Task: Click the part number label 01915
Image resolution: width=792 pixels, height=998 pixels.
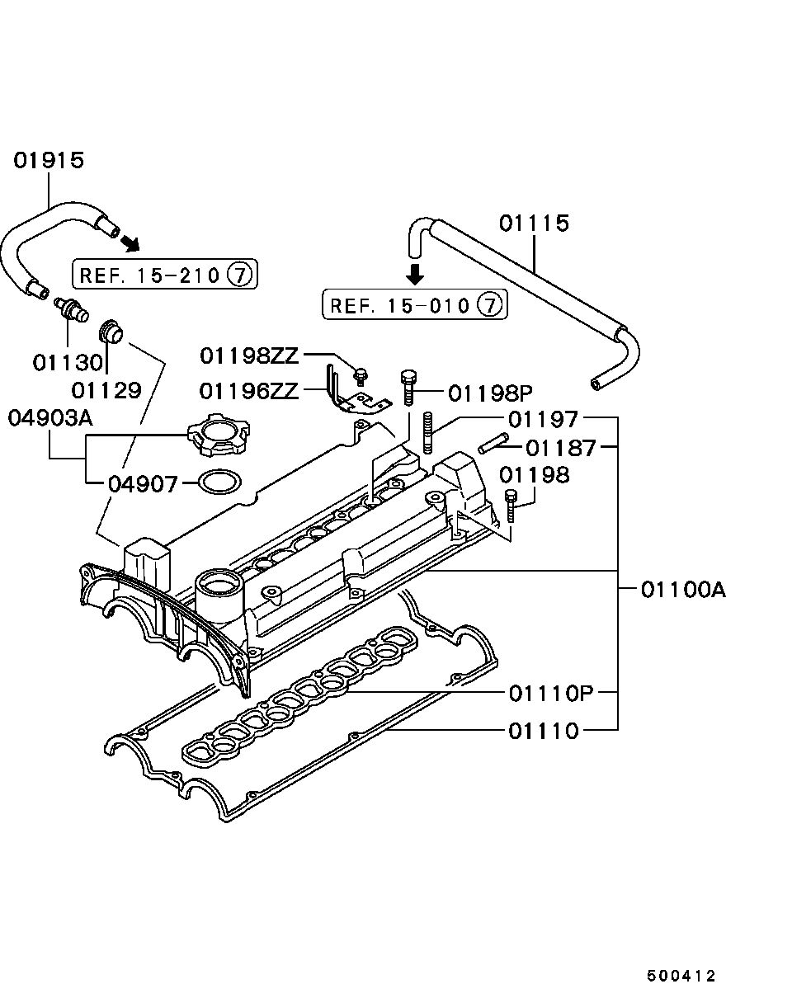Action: (x=49, y=160)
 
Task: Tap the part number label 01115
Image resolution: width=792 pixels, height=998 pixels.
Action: (x=534, y=224)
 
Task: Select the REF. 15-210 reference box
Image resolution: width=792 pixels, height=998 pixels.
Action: (x=165, y=274)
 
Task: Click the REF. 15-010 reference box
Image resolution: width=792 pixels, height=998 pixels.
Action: (x=414, y=305)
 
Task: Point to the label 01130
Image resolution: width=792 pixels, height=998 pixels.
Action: (x=68, y=362)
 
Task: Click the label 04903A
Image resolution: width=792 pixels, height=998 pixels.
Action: (x=50, y=418)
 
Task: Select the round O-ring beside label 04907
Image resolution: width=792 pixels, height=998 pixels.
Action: (x=215, y=483)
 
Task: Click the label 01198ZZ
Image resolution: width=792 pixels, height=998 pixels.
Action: (x=249, y=355)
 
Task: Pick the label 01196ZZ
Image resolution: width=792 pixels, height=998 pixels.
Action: (x=249, y=390)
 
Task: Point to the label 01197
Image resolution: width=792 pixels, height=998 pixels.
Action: (x=543, y=419)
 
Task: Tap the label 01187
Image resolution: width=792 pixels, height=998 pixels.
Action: (x=560, y=448)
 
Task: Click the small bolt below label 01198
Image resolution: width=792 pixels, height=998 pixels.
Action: (x=511, y=504)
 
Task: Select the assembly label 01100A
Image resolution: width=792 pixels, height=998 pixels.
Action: (x=682, y=590)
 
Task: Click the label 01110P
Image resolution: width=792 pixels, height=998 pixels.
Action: (x=550, y=693)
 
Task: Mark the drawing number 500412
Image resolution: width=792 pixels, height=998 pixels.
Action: (x=681, y=976)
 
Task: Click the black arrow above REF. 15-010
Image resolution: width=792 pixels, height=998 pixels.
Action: (x=417, y=274)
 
